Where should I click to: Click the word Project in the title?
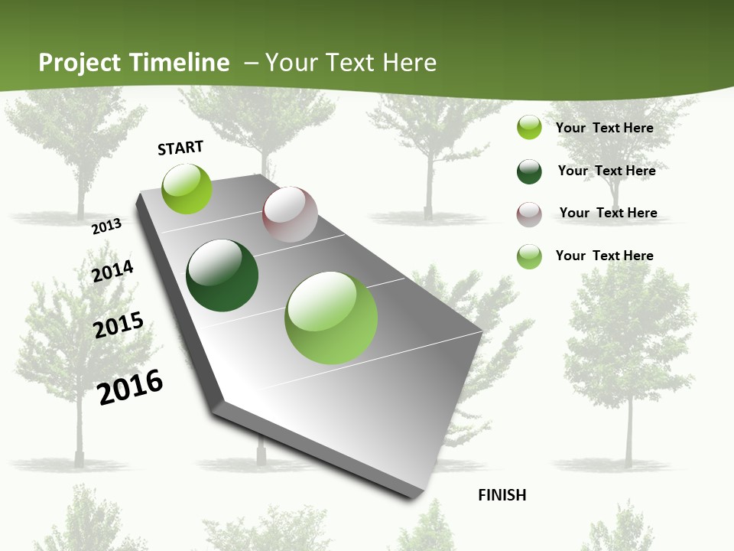pyautogui.click(x=80, y=63)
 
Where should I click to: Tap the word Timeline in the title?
pyautogui.click(x=179, y=63)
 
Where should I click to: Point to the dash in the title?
pyautogui.click(x=251, y=63)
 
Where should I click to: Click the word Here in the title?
pyautogui.click(x=410, y=63)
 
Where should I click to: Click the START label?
pyautogui.click(x=180, y=148)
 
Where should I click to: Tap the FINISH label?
pyautogui.click(x=502, y=495)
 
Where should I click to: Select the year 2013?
pyautogui.click(x=107, y=227)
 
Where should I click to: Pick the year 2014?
pyautogui.click(x=113, y=271)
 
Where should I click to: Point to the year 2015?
pyautogui.click(x=119, y=325)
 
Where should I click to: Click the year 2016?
pyautogui.click(x=131, y=387)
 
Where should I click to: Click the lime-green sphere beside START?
pyautogui.click(x=187, y=188)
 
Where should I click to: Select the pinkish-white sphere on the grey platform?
pyautogui.click(x=290, y=214)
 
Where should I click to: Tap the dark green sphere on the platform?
pyautogui.click(x=222, y=275)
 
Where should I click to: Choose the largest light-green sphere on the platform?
pyautogui.click(x=331, y=318)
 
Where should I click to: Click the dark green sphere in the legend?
pyautogui.click(x=529, y=171)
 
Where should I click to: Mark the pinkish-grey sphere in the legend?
pyautogui.click(x=529, y=214)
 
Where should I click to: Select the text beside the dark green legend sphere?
pyautogui.click(x=606, y=171)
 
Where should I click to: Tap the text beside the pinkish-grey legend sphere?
pyautogui.click(x=608, y=213)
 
